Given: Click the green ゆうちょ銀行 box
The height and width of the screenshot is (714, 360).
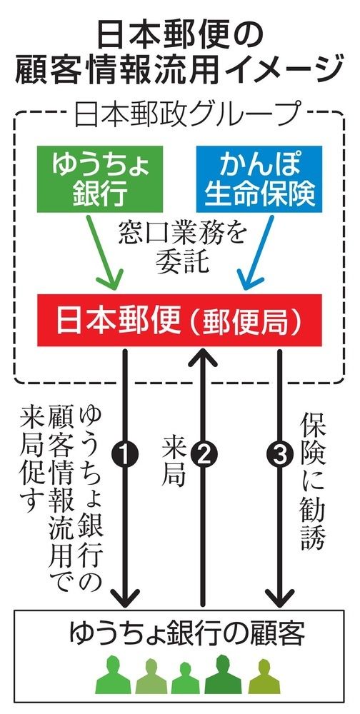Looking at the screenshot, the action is click(x=100, y=179).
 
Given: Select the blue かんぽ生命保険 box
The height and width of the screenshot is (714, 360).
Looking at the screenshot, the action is click(x=259, y=179).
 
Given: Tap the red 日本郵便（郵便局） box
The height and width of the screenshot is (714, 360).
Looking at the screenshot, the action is click(x=179, y=320).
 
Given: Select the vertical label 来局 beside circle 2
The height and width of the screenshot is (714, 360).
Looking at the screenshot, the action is click(x=174, y=461).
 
